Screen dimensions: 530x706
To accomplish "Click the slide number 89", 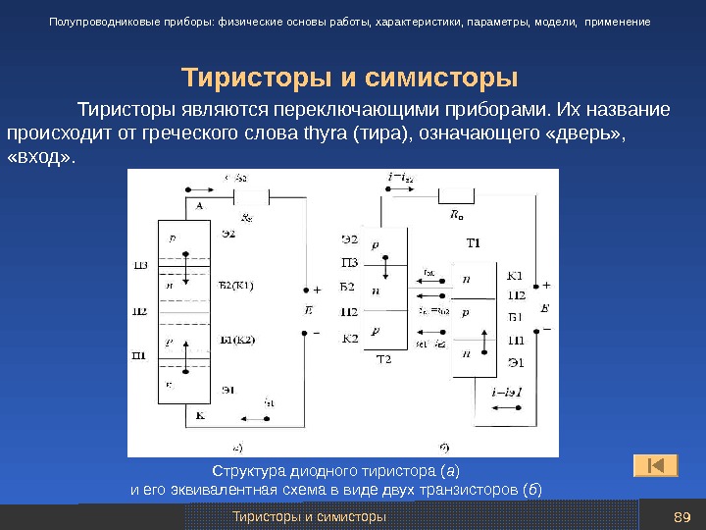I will pyautogui.click(x=683, y=516).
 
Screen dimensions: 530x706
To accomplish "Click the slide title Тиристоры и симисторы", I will pyautogui.click(x=350, y=78).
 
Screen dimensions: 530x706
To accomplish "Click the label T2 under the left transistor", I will pyautogui.click(x=383, y=360).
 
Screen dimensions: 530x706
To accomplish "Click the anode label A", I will pyautogui.click(x=199, y=206).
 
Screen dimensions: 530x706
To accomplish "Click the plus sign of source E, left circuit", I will pyautogui.click(x=317, y=291).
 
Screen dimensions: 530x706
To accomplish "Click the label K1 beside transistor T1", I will pyautogui.click(x=516, y=276).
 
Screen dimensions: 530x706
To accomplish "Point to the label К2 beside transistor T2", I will pyautogui.click(x=349, y=339).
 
